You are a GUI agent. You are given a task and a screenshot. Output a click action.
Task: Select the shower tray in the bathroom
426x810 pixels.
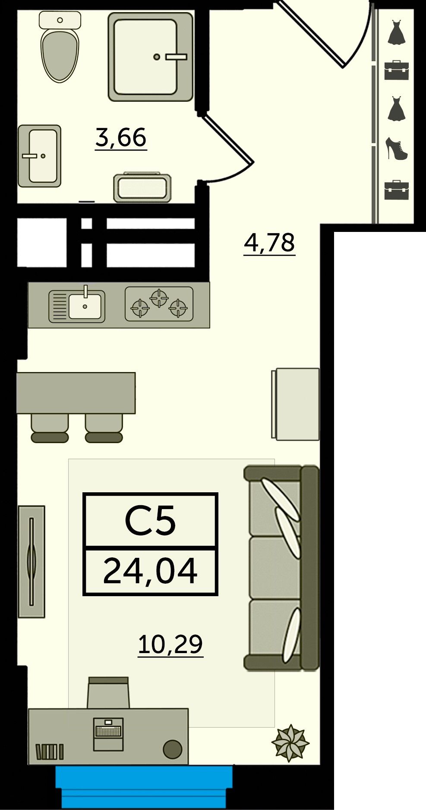150,56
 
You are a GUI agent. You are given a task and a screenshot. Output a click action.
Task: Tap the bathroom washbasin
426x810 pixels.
39,156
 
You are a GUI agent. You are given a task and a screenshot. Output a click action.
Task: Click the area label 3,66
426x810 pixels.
121,138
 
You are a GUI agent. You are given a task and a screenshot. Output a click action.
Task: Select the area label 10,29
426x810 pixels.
170,644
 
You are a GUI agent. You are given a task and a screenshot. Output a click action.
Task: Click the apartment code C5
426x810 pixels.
150,521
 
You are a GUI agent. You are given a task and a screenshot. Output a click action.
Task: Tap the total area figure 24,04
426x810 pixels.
150,571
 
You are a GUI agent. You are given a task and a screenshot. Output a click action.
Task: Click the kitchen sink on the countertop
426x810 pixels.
77,305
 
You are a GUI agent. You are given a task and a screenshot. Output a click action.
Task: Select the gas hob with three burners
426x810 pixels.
159,304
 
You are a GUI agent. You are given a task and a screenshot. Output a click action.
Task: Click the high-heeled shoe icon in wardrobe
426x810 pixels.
397,149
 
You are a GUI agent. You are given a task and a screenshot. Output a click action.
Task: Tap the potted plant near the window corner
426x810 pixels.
290,743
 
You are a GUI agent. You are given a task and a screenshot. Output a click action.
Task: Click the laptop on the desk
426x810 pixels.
108,734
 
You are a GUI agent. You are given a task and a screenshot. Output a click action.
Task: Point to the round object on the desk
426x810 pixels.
172,749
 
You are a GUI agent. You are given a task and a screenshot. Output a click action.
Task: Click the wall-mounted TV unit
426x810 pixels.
32,561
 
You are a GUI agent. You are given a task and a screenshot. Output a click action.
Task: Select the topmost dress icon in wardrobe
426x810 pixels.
396,32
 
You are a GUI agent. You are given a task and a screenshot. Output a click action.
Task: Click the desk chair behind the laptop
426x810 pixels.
108,692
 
